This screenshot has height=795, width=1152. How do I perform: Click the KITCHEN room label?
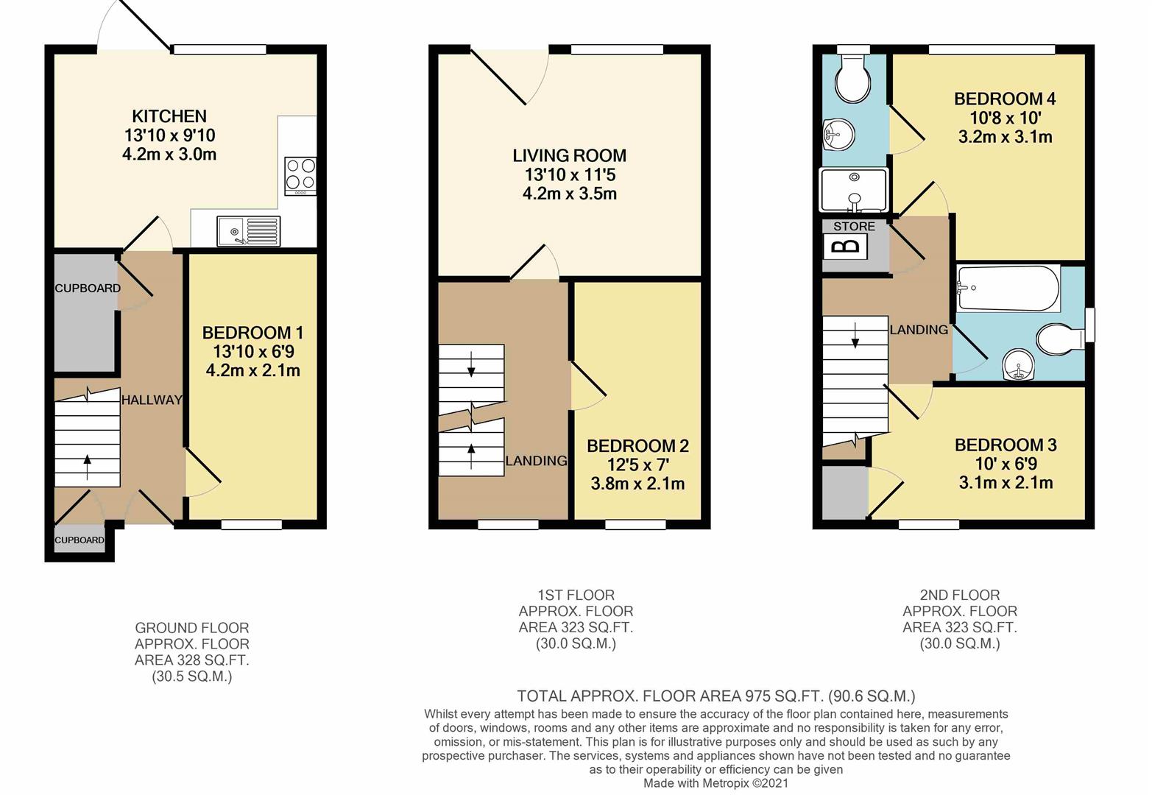point(169,116)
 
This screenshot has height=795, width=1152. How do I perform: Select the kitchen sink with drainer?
point(248,231)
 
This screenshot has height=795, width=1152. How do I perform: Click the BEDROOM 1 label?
point(252,333)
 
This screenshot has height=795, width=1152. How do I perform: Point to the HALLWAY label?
point(152,400)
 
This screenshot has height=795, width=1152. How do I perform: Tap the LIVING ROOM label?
point(569,156)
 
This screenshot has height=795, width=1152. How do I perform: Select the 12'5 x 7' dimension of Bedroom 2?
point(637,465)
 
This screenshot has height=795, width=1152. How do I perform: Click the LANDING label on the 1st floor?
point(536,461)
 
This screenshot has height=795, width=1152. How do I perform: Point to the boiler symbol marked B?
point(844,247)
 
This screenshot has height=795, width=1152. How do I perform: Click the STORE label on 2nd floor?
point(854,227)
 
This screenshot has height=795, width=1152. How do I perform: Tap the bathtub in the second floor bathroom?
point(1008,289)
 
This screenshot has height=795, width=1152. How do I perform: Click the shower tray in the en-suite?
point(854,189)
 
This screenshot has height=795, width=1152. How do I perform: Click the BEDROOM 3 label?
point(1006,445)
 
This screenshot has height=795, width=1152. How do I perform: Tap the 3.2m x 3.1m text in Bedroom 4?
point(1005,137)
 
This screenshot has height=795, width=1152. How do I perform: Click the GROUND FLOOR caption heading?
point(192,628)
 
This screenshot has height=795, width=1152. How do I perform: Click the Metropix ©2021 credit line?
point(715,783)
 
